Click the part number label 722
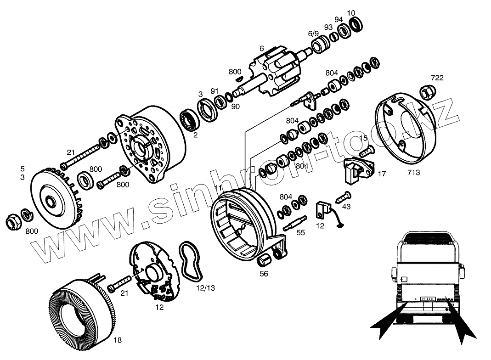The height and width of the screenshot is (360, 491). [x=437, y=78]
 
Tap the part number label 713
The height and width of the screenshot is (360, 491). [x=413, y=173]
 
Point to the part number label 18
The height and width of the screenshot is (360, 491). [x=118, y=340]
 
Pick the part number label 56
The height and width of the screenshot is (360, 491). [x=264, y=274]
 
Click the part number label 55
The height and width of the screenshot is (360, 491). [x=300, y=233]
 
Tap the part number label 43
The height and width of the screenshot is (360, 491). [x=346, y=207]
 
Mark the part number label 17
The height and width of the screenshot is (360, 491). [x=382, y=174]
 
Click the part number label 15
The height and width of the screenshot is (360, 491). [x=363, y=138]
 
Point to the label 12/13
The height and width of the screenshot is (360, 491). [x=205, y=288]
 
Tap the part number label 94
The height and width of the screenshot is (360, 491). [x=339, y=19]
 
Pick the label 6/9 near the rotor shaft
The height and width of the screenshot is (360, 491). [x=313, y=34]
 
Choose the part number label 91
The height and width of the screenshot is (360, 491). [x=214, y=91]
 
